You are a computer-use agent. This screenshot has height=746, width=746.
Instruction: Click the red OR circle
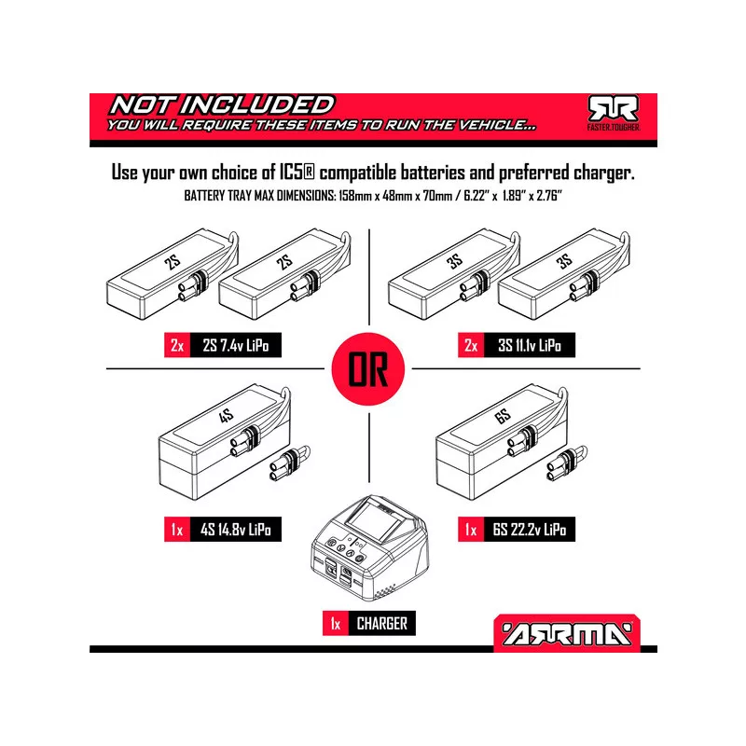pos(368,368)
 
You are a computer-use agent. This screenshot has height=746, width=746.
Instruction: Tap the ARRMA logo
pos(567,633)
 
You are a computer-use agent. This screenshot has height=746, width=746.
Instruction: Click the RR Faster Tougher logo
pos(614,113)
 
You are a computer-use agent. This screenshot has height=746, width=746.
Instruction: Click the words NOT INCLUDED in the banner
pos(222,105)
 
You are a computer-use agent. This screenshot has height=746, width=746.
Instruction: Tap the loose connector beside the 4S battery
pos(289,463)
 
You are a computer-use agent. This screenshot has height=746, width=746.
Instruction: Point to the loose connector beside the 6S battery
pos(567,463)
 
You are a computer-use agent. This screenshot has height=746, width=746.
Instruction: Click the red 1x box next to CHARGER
pos(336,623)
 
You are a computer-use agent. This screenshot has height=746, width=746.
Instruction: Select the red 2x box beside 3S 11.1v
pos(471,345)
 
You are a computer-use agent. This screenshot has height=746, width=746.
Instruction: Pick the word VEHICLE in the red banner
pos(496,125)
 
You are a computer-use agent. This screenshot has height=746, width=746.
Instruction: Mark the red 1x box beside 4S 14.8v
pos(177,529)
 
